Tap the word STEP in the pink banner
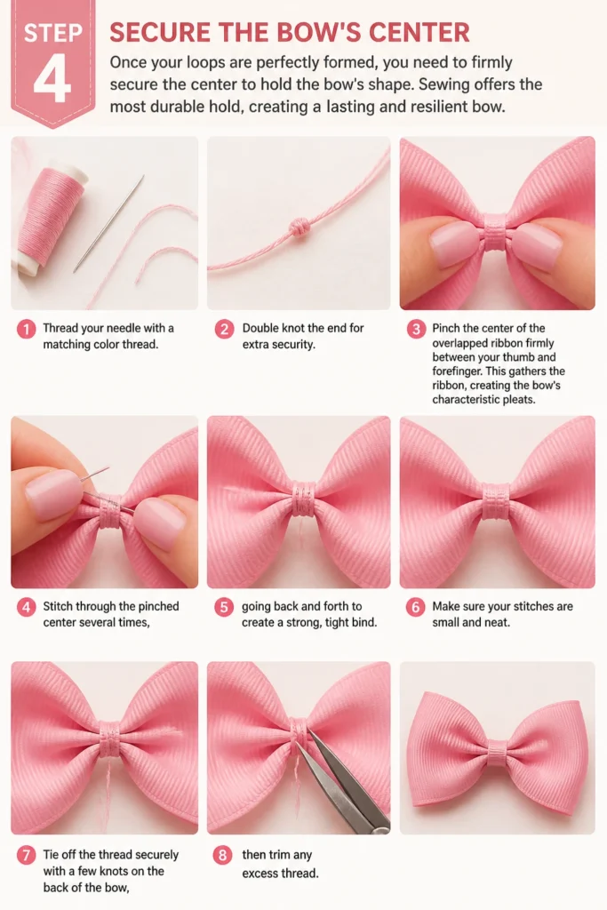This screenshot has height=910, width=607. (52, 33)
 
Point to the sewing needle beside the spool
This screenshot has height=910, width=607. (108, 223)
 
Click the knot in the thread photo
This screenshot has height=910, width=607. (299, 225)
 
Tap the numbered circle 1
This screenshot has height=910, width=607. (26, 330)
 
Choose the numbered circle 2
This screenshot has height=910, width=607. (224, 330)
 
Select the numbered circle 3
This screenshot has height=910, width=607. (416, 330)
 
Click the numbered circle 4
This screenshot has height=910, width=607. (26, 608)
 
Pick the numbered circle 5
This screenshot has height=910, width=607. (224, 608)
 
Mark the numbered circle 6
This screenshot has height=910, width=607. (416, 608)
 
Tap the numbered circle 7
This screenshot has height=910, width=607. (26, 856)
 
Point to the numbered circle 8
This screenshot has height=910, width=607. (223, 856)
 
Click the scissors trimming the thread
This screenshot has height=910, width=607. (342, 778)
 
